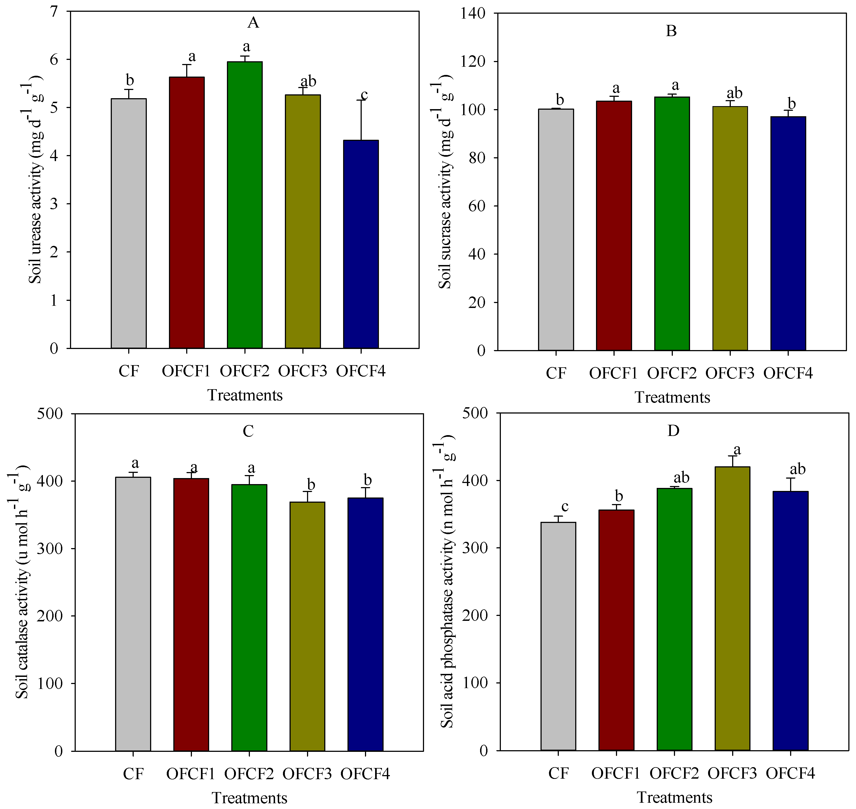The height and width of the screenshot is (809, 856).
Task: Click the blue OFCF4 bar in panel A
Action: (x=361, y=244)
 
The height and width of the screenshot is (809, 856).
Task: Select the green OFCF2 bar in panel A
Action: (x=245, y=205)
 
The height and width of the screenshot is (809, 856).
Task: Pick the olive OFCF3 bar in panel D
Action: (x=732, y=609)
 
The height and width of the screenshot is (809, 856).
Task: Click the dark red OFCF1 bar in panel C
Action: (x=191, y=615)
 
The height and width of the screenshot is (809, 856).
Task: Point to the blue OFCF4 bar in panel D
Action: (x=790, y=621)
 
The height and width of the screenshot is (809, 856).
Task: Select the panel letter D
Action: (x=673, y=430)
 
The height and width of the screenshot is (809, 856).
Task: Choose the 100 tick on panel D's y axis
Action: (x=475, y=683)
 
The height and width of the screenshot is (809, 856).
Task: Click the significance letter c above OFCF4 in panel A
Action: (x=364, y=94)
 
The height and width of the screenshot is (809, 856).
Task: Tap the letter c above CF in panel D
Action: (x=565, y=506)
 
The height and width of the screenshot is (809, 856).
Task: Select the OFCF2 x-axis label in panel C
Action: (x=249, y=774)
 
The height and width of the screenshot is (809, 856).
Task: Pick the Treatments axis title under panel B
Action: (x=672, y=397)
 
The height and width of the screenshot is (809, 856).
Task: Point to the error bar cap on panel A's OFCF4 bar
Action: (x=361, y=100)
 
